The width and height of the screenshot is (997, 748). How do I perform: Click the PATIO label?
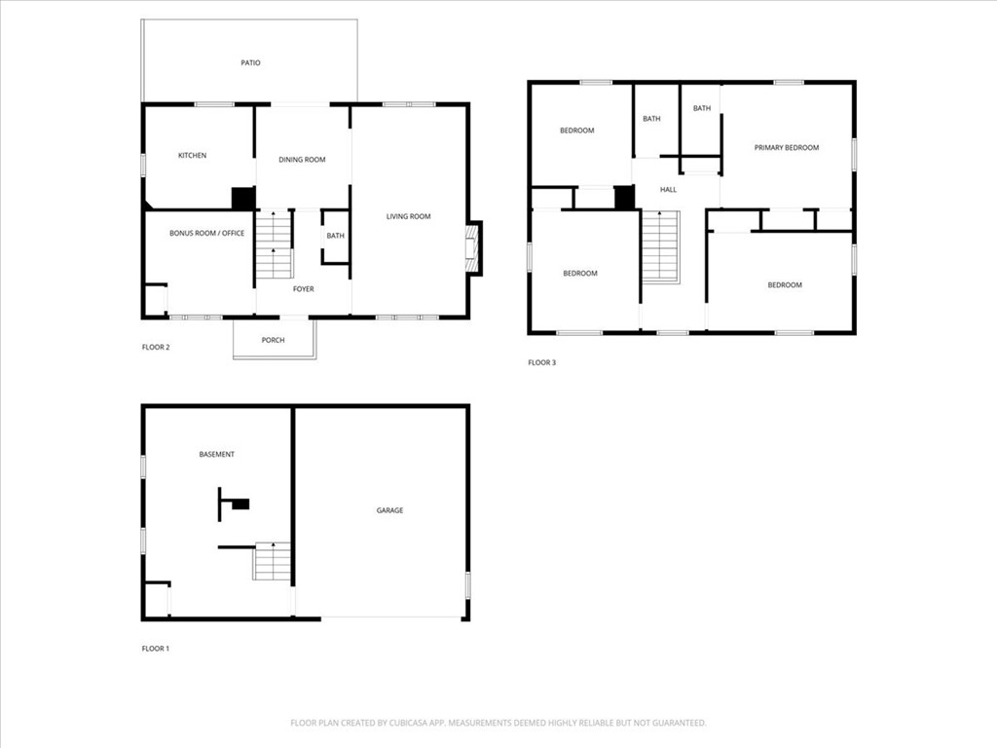point(250,63)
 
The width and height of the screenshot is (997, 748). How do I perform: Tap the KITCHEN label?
point(192,156)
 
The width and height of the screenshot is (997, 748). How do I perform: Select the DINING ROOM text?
point(302,160)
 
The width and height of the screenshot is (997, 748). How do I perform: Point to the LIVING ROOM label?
point(408,216)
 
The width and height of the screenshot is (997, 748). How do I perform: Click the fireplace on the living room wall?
point(473,247)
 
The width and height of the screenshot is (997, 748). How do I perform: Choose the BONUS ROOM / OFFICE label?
point(206,234)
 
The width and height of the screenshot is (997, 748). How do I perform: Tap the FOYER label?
point(304,289)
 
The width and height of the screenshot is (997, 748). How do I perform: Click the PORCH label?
point(274,340)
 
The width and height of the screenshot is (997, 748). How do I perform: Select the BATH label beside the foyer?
point(335,236)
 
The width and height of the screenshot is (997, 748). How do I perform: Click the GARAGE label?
point(389,510)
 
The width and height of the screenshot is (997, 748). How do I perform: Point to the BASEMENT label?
point(216,455)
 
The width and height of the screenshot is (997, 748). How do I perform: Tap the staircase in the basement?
point(273,562)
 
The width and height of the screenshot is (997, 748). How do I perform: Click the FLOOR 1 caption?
point(156,649)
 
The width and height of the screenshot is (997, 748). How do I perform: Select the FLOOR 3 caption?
point(541,363)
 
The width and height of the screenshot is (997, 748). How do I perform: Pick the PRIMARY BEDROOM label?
point(787,148)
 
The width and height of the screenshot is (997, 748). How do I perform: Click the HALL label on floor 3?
point(668,190)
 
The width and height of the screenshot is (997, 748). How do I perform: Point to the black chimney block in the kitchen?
point(242,198)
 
